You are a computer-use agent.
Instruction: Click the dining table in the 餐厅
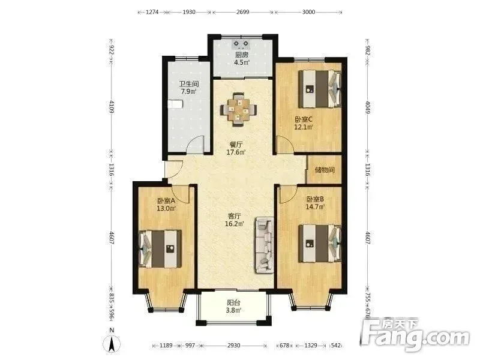(238, 110)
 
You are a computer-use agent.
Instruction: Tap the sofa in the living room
(264, 245)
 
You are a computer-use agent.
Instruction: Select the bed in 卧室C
(320, 89)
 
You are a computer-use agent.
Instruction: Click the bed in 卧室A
(160, 249)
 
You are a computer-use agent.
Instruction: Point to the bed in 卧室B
(320, 244)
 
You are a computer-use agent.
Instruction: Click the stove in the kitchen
(241, 44)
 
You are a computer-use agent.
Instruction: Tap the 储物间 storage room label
(325, 170)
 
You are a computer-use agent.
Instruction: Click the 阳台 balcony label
(233, 303)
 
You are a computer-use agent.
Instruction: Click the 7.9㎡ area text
(188, 91)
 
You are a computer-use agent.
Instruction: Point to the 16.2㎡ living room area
(235, 224)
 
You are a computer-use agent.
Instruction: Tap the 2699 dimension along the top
(243, 12)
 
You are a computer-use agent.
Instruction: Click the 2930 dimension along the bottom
(233, 346)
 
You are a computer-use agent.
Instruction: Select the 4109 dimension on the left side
(112, 107)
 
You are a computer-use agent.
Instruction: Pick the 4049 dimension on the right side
(368, 107)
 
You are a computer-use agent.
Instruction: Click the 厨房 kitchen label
(242, 55)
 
